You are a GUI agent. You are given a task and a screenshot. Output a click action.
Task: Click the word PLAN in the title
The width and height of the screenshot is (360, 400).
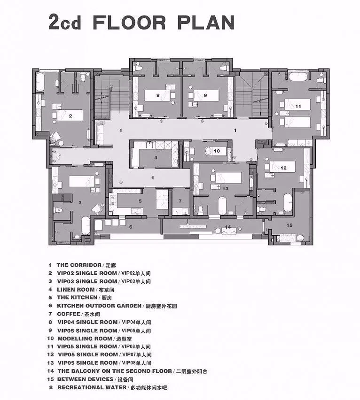(205, 23)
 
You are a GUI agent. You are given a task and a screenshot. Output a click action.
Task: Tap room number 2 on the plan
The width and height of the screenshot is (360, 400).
(70, 116)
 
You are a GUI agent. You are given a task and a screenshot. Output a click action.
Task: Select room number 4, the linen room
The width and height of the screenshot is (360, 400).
(156, 158)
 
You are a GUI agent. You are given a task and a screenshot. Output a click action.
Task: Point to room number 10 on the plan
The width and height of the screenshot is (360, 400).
(217, 151)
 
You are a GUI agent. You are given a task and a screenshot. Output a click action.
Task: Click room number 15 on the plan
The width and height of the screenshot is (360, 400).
(290, 225)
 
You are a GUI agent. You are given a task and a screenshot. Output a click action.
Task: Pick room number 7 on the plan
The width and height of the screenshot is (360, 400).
(180, 201)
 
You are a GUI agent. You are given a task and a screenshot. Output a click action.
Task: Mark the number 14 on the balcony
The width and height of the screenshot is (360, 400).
(228, 227)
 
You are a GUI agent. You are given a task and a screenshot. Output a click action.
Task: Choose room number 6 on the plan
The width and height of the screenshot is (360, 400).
(131, 227)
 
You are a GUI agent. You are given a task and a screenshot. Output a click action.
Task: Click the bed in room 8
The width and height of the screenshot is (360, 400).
(157, 95)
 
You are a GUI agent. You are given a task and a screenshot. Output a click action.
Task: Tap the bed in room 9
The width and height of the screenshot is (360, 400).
(206, 95)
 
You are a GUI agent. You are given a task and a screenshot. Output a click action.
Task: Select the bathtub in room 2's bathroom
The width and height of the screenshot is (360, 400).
(40, 82)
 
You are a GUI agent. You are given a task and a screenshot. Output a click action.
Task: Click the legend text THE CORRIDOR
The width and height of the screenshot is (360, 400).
(79, 265)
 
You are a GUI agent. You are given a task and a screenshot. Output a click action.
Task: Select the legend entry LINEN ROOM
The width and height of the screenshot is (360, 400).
(76, 290)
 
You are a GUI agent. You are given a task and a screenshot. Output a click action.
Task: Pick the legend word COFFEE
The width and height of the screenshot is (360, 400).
(69, 314)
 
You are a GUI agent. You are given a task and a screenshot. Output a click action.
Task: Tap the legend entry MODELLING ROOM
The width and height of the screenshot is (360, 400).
(85, 338)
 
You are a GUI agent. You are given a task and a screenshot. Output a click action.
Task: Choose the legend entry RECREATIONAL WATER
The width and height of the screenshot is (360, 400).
(92, 387)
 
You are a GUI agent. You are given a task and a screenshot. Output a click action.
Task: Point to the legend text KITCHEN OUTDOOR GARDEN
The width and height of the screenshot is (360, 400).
(99, 306)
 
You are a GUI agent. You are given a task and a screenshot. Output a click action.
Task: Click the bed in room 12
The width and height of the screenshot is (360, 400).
(282, 167)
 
